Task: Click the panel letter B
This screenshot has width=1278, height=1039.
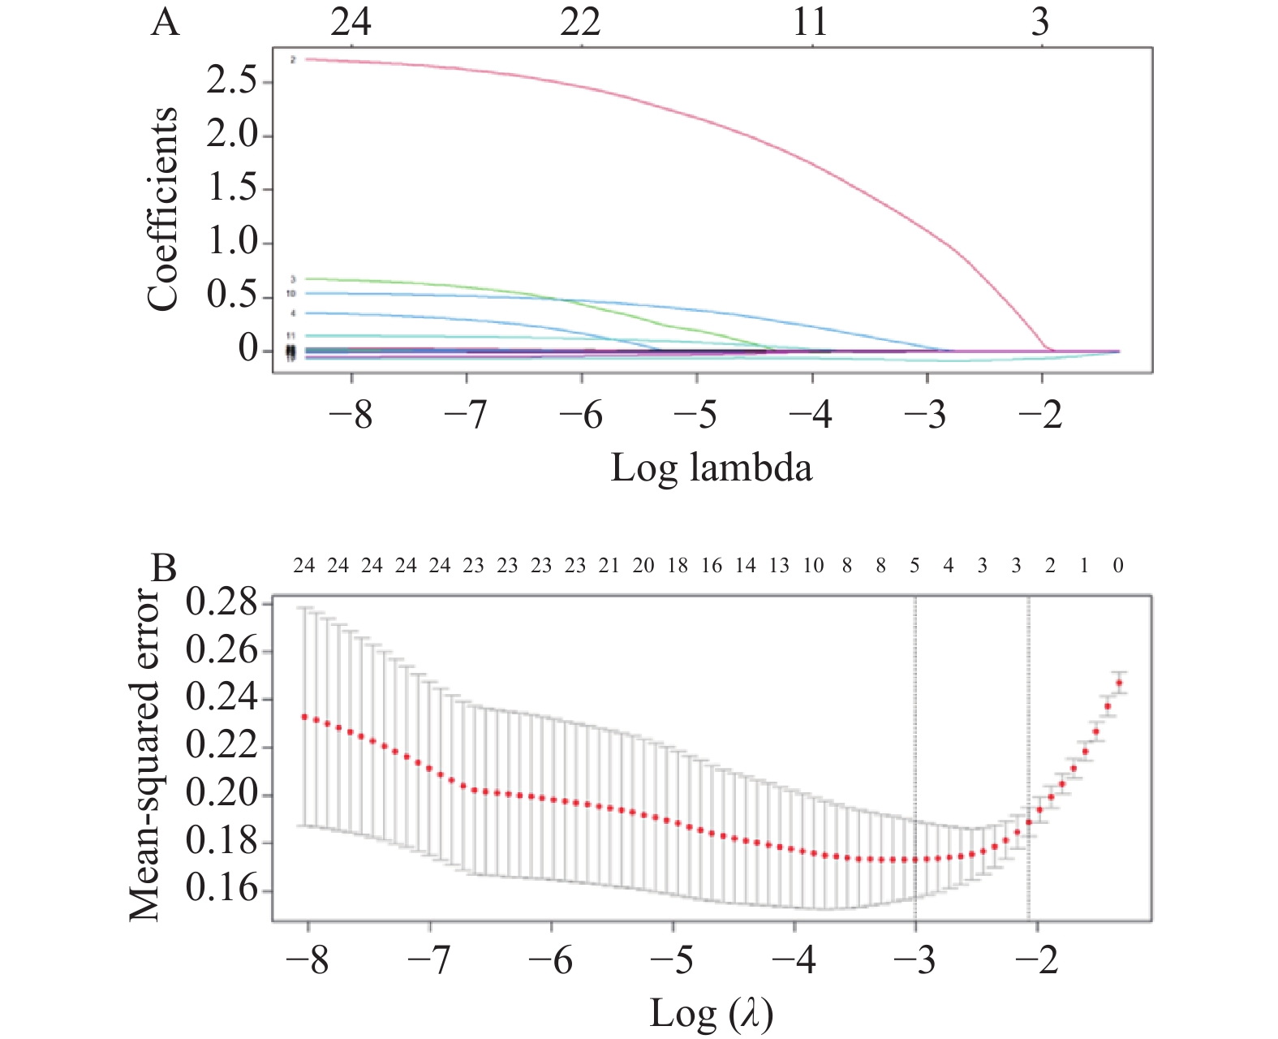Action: pos(165,568)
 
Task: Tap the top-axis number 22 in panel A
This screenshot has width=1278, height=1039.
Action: pos(580,22)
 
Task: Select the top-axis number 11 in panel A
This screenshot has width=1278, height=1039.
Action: pos(811,22)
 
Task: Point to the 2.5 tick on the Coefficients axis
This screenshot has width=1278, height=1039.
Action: pos(233,81)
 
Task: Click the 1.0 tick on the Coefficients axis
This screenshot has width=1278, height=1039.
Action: pos(233,243)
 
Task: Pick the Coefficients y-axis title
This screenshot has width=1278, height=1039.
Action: pos(162,209)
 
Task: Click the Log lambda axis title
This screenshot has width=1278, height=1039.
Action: pos(711,468)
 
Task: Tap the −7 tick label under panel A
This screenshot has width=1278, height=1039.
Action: pos(467,415)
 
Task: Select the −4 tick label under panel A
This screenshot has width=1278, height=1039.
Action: pos(811,415)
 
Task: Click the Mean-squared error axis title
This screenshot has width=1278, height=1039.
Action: pos(146,755)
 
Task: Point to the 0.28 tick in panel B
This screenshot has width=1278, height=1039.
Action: pos(221,604)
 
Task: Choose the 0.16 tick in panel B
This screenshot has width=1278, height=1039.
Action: pos(221,890)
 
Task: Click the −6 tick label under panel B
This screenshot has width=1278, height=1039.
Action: pos(551,961)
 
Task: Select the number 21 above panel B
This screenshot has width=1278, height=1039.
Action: pos(609,566)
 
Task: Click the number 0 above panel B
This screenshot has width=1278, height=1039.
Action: pos(1118,566)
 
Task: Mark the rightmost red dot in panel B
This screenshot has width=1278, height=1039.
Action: pos(1120,683)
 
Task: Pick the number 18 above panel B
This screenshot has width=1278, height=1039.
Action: pos(678,566)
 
